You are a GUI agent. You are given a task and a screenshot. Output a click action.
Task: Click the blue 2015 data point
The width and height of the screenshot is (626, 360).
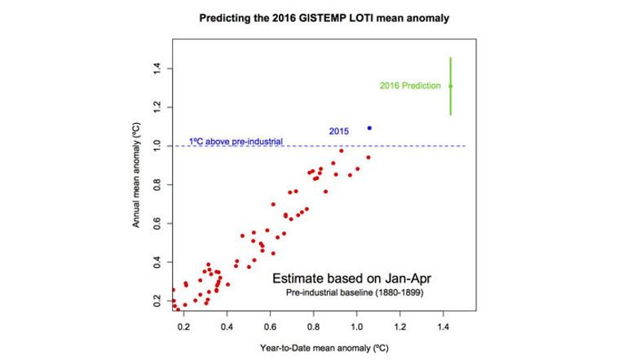pyautogui.click(x=369, y=128)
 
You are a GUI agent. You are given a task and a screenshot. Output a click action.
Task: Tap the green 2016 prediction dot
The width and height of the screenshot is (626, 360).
pyautogui.click(x=451, y=86)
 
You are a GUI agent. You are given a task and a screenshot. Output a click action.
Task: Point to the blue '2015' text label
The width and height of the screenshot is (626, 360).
pyautogui.click(x=340, y=131)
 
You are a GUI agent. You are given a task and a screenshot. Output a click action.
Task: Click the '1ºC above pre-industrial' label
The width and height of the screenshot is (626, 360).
pyautogui.click(x=236, y=141)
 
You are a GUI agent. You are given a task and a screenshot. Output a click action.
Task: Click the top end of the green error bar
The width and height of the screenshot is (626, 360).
pyautogui.click(x=451, y=59)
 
